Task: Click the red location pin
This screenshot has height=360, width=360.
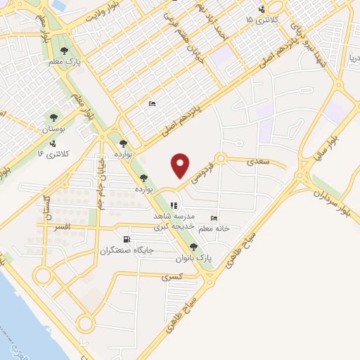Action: click(x=180, y=165)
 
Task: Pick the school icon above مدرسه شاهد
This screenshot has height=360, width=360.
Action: click(x=174, y=206)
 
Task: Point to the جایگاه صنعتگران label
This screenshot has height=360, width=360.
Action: click(x=127, y=250)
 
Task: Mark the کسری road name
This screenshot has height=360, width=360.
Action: click(x=172, y=277)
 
